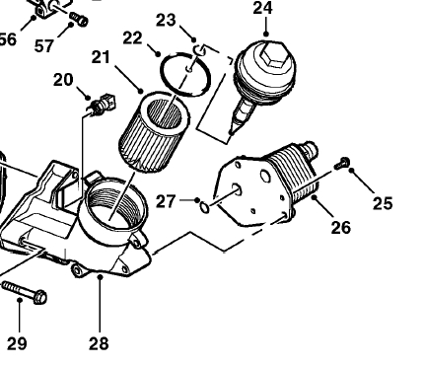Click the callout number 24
pos(262,8)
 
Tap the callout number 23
pos(166,20)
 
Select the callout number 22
pos(133,38)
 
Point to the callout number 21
pos(101,57)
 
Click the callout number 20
pos(63,80)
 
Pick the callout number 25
pos(383,203)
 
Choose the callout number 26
pos(341,227)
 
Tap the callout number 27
pos(166,201)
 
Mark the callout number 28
pos(99,344)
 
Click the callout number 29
pos(17,344)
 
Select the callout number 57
pos(44,46)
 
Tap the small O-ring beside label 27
pos(204,208)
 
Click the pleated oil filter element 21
pos(154,131)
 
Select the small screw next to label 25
pos(342,164)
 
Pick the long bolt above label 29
pos(25,292)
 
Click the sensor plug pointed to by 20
pos(103,105)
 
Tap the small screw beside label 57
pos(79,19)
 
